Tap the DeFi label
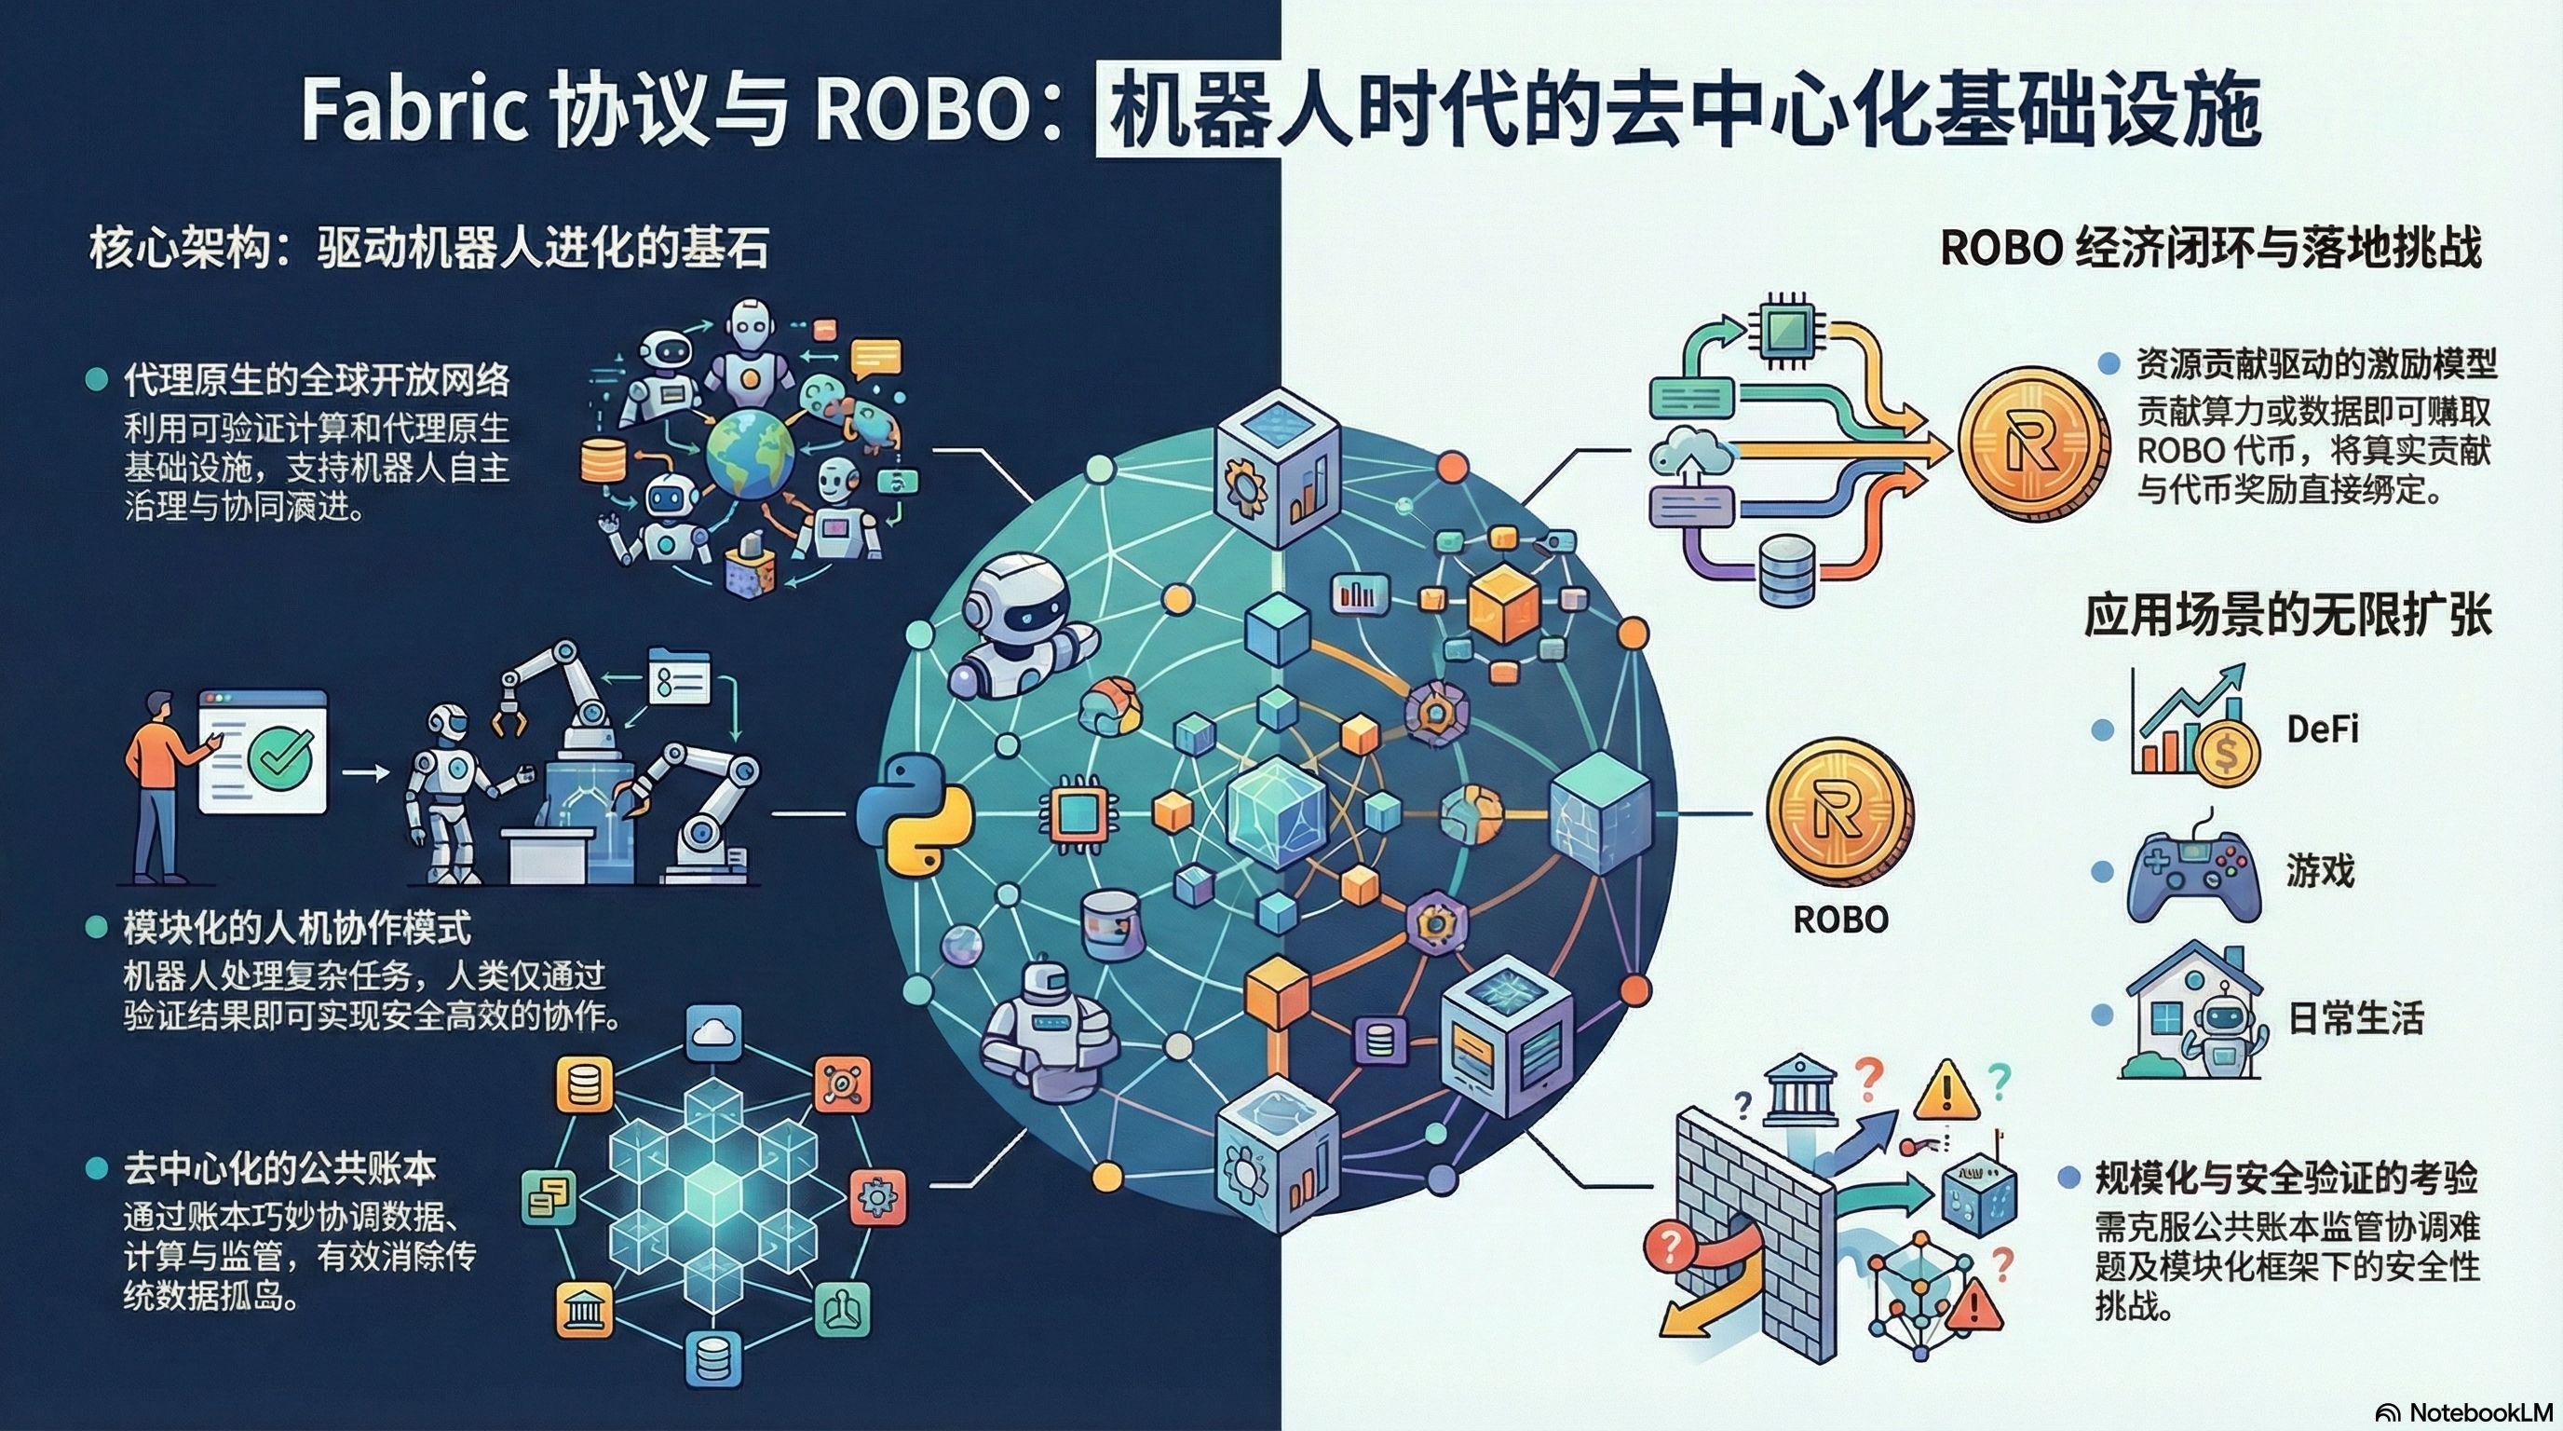click(2322, 729)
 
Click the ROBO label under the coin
click(1839, 919)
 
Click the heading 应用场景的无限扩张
click(2286, 614)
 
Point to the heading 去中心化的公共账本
click(279, 1168)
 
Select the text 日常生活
click(2355, 1018)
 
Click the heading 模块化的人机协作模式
click(296, 928)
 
